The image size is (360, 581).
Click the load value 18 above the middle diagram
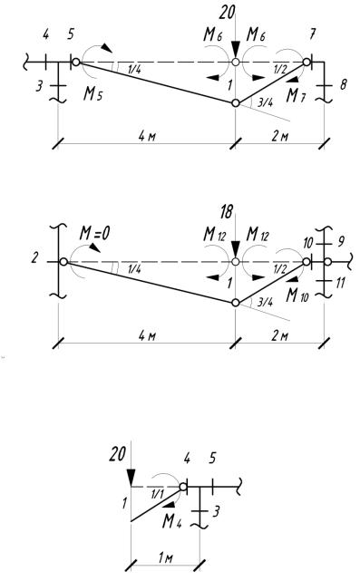[227, 212]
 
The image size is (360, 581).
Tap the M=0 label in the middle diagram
[94, 234]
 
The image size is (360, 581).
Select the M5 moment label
[92, 94]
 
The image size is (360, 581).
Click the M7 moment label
[297, 96]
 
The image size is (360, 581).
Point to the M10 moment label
[297, 295]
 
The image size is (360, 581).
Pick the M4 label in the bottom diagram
[172, 521]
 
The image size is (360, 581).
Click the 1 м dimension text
[165, 557]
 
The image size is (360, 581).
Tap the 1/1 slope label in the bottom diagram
[157, 493]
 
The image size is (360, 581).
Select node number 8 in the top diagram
[344, 84]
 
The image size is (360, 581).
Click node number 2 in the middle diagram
[34, 257]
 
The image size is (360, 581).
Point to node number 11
[340, 283]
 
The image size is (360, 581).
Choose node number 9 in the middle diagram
[341, 242]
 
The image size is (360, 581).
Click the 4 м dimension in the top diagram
[147, 136]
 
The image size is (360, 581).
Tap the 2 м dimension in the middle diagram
[280, 336]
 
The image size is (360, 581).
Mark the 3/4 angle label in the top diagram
[265, 102]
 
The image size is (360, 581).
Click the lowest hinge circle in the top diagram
[236, 102]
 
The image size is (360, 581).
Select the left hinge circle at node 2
[63, 262]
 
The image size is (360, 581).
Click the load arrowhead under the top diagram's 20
[236, 51]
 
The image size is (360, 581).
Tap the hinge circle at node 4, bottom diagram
[183, 487]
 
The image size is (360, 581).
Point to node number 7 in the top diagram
[312, 34]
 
